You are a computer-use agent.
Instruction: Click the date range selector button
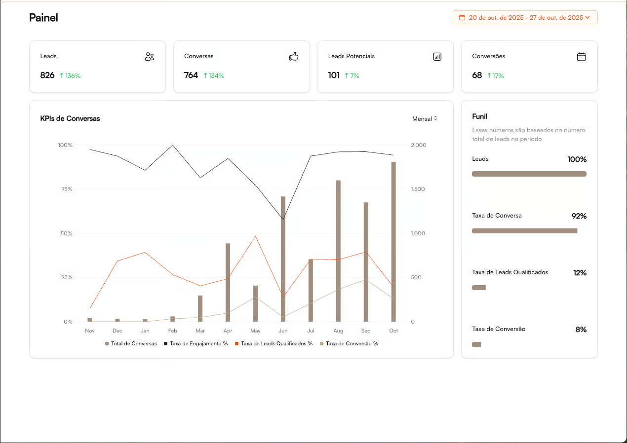[525, 17]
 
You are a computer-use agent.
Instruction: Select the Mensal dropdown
[425, 119]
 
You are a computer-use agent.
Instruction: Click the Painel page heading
[43, 18]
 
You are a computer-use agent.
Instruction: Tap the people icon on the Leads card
[150, 57]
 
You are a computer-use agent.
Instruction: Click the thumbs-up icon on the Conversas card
[294, 57]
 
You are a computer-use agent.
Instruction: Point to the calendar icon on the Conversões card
[582, 57]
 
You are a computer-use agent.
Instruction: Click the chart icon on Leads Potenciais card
[437, 57]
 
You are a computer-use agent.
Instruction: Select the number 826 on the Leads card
[47, 75]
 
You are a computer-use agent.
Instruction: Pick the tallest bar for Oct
[393, 242]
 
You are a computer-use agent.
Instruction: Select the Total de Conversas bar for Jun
[283, 259]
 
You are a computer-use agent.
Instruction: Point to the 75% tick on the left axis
[65, 189]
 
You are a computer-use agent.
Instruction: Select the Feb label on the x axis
[172, 331]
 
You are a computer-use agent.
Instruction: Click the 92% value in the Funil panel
[579, 216]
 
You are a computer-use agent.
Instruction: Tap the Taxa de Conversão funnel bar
[476, 344]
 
